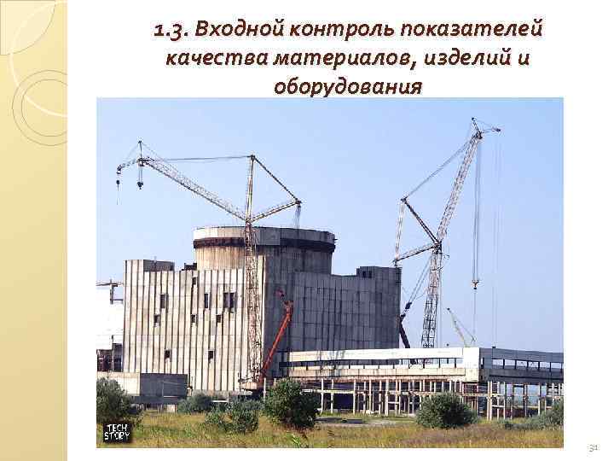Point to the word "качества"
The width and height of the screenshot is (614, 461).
click(214, 59)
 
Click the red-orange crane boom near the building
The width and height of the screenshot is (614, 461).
click(277, 337)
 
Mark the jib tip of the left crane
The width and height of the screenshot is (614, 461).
click(119, 172)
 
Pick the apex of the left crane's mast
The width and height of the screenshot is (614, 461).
click(251, 157)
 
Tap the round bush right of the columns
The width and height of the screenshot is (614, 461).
click(443, 410)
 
